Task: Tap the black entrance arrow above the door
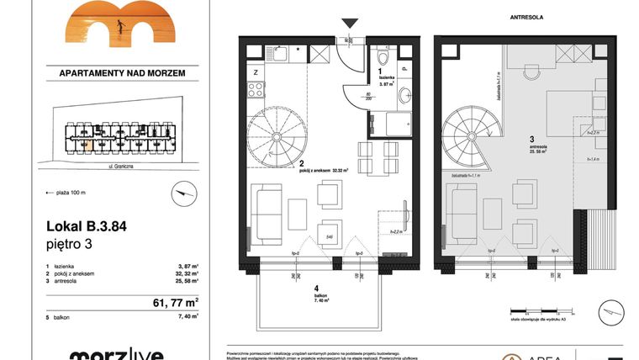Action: [x=351, y=24]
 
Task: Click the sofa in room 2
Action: [x=270, y=215]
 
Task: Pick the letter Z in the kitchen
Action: [x=255, y=73]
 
